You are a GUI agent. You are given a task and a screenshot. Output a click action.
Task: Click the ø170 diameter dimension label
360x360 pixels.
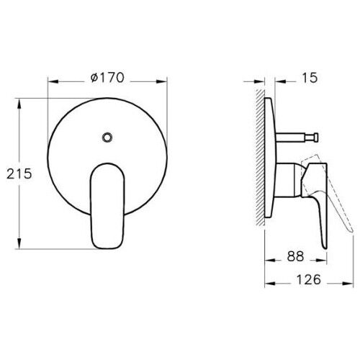(108, 79)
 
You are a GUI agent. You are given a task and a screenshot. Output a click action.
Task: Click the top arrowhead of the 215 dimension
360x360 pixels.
(17, 102)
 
